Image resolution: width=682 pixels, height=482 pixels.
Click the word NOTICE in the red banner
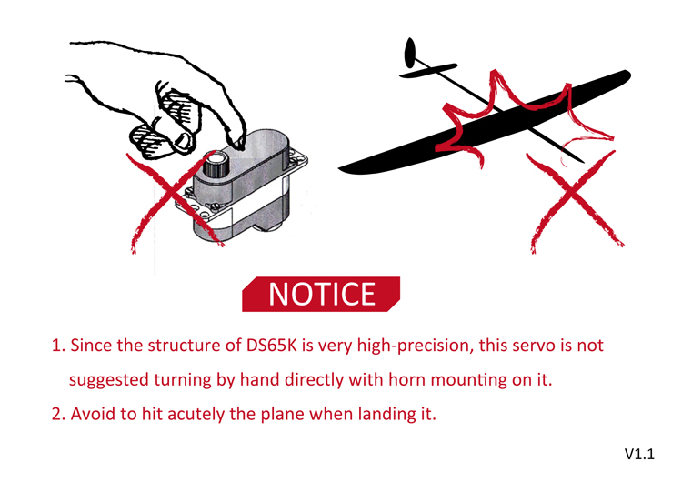pos(321,294)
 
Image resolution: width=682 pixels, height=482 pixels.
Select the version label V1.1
pos(639,454)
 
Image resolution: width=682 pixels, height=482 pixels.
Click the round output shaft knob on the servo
pos(216,164)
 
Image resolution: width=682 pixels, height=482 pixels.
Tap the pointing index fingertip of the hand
pos(237,143)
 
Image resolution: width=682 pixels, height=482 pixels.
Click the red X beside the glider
pos(575,201)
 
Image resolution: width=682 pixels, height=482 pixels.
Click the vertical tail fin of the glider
pos(410,53)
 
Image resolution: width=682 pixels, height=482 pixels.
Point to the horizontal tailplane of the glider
pos(428,70)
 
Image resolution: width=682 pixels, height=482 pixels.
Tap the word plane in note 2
pos(282,414)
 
